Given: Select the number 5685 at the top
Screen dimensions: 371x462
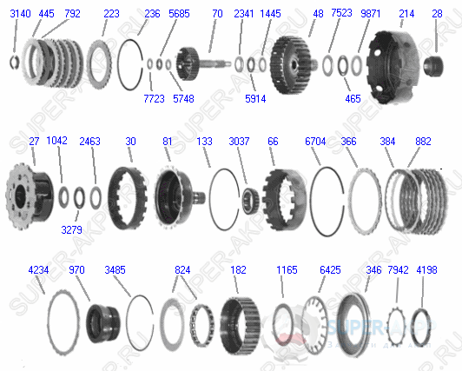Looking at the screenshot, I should click(x=180, y=14).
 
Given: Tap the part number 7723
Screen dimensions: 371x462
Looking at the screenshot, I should click(x=154, y=99).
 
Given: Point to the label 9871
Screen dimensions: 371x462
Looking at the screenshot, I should click(x=371, y=14).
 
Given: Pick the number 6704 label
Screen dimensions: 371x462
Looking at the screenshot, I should click(x=316, y=141).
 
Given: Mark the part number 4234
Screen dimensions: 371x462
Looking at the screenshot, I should click(x=38, y=270).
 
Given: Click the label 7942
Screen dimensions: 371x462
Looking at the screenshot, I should click(x=399, y=270).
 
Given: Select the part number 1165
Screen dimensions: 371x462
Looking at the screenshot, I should click(x=287, y=270).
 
